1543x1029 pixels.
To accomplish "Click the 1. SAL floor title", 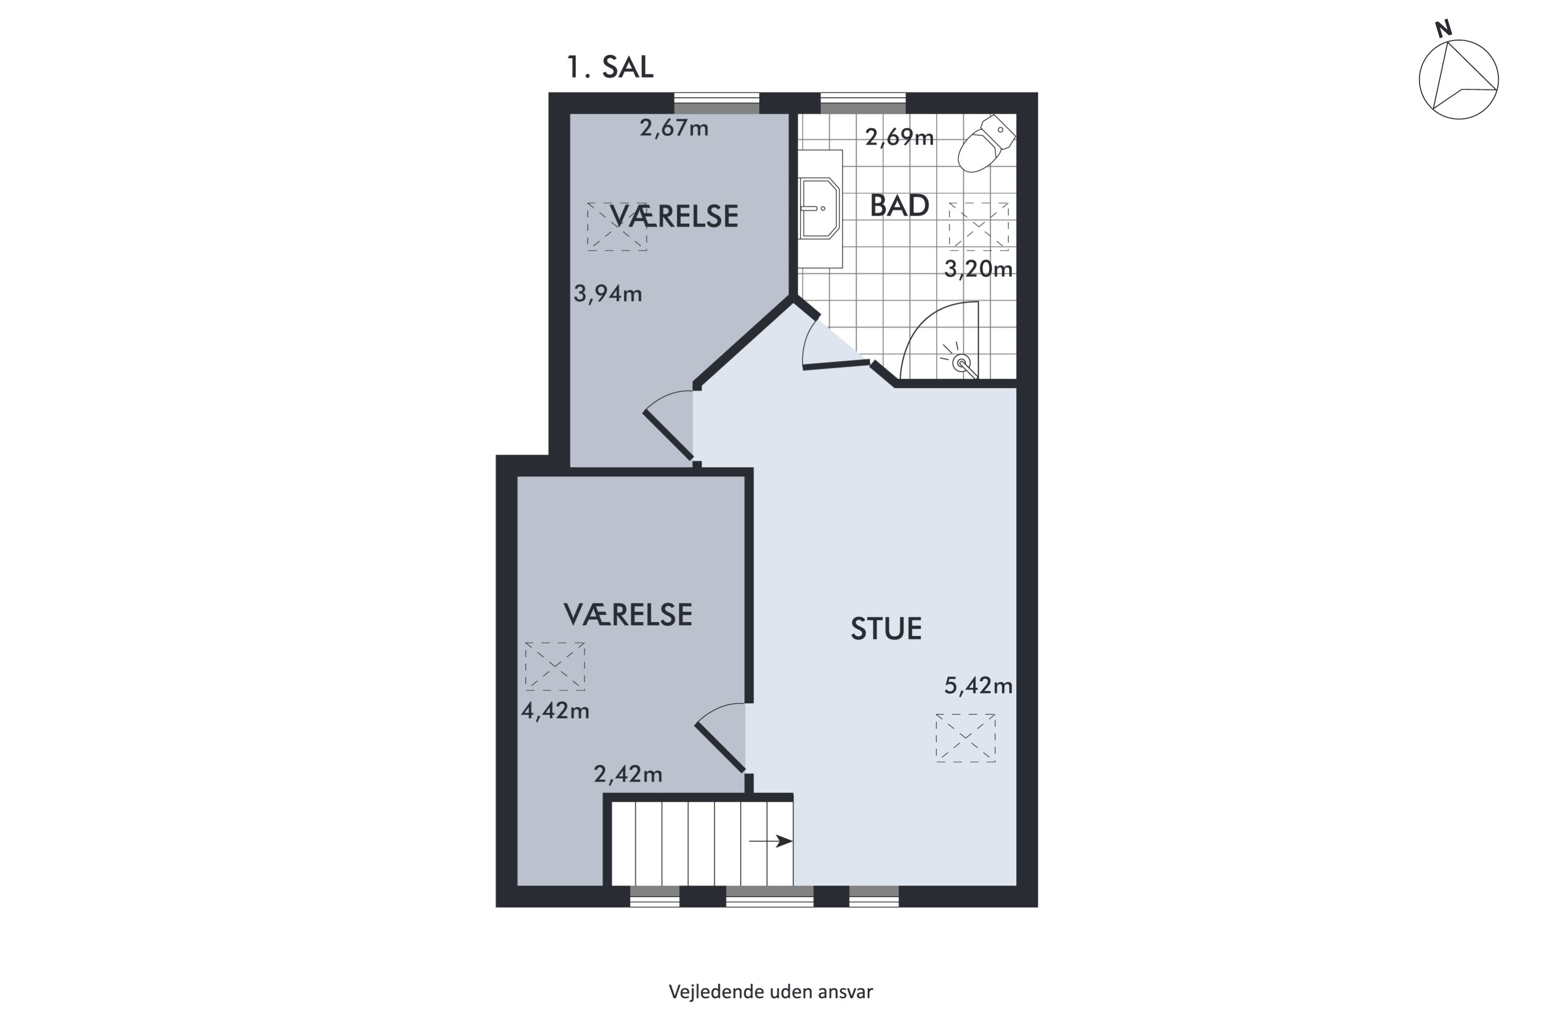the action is [609, 67].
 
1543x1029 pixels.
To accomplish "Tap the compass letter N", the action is [1443, 29].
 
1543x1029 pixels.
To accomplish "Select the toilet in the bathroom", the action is [986, 143].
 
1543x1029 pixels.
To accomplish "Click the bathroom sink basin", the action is [819, 208].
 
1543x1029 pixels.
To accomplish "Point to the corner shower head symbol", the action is [962, 362].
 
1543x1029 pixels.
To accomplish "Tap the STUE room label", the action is [886, 629].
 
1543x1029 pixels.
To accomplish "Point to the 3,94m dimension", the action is [607, 293].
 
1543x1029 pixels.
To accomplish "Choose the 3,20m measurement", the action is [978, 269].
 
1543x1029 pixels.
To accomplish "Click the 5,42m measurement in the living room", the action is [978, 686].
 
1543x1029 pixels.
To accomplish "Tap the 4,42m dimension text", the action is [555, 711].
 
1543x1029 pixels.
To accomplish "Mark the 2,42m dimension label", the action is [628, 774].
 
